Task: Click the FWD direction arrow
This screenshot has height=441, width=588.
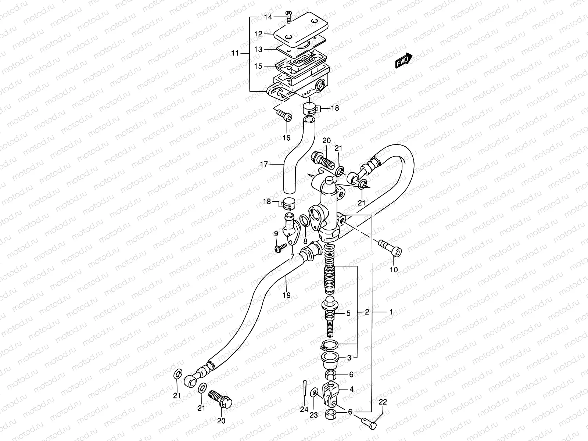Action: click(404, 61)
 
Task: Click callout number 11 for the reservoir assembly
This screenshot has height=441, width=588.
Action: click(235, 53)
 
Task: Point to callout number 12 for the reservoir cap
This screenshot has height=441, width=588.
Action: click(258, 34)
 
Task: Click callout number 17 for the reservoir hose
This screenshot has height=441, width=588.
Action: click(264, 164)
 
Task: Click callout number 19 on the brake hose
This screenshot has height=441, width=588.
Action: click(286, 295)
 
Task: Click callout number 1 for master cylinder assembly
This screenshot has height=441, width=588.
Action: click(391, 312)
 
